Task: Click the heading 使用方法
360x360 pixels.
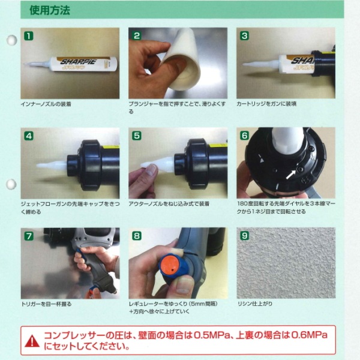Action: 50,10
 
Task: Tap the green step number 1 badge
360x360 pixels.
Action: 29,36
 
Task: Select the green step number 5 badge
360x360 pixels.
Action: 137,136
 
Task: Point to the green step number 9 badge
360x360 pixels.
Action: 245,236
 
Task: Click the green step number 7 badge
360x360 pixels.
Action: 29,236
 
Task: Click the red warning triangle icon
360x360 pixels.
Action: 32,341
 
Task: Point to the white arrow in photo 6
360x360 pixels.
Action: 291,175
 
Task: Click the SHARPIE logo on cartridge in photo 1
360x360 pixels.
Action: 78,62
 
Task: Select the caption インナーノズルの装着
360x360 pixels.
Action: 46,104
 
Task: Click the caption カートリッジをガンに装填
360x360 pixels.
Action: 266,104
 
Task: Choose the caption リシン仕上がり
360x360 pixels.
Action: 255,304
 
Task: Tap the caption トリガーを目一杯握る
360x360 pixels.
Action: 46,304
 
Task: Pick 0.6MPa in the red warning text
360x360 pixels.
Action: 309,335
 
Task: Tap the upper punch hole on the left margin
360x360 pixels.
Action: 11,40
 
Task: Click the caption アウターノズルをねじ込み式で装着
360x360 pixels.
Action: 169,203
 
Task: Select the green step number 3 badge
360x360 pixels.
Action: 245,36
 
